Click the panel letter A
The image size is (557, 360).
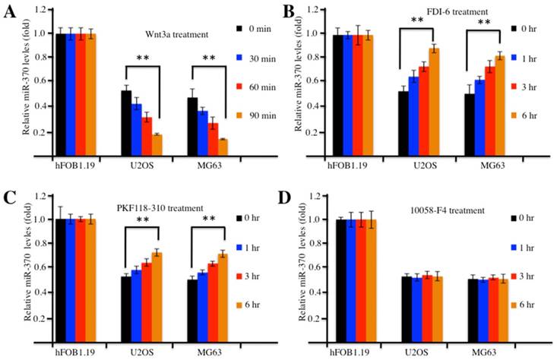8,13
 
